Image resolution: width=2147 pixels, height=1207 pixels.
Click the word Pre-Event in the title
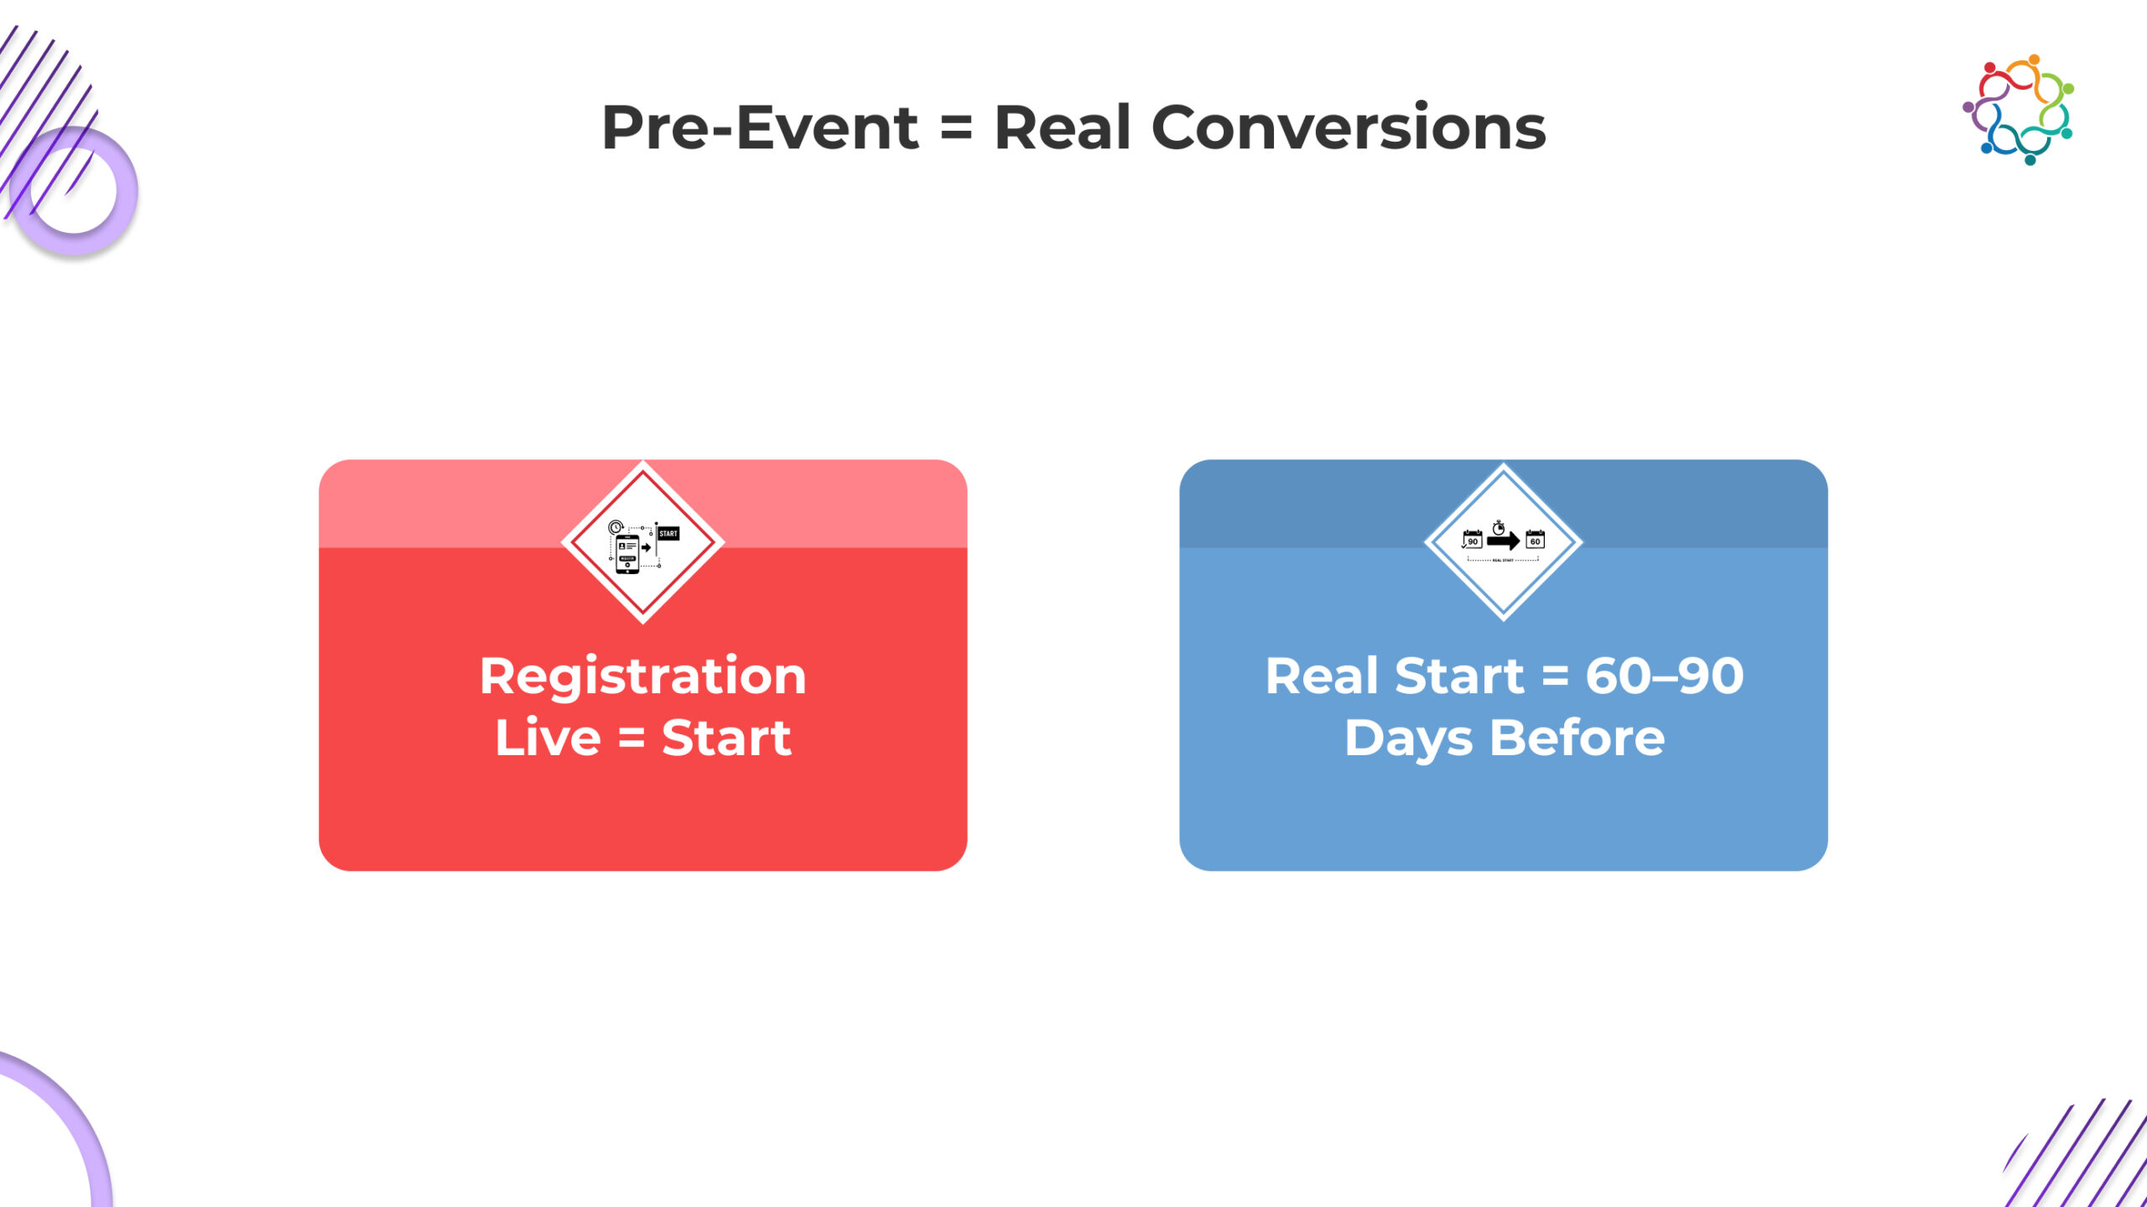[x=760, y=128]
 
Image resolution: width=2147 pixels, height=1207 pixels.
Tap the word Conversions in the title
[x=1349, y=128]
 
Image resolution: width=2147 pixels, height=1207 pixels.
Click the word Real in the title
[x=1063, y=128]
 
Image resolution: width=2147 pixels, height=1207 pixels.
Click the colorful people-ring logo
[x=2019, y=110]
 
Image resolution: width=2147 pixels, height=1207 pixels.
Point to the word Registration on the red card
[x=642, y=676]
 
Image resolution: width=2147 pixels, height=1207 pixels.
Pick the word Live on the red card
[x=548, y=738]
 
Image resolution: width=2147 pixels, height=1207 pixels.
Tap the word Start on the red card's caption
[x=726, y=738]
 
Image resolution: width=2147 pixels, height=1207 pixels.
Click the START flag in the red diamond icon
[x=668, y=534]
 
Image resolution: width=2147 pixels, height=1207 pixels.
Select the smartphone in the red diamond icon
[x=627, y=553]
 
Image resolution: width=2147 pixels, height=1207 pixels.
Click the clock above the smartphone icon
[x=615, y=527]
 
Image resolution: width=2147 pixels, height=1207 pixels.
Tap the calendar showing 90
[x=1472, y=540]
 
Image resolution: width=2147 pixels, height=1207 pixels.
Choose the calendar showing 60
[x=1535, y=540]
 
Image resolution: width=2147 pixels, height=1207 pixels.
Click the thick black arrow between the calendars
[x=1503, y=541]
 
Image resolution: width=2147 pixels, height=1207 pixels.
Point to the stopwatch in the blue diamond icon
[x=1499, y=527]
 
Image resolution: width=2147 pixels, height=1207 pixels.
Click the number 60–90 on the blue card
[x=1664, y=676]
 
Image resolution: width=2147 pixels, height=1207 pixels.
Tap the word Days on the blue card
[x=1408, y=738]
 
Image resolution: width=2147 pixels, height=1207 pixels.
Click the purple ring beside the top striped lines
[x=74, y=191]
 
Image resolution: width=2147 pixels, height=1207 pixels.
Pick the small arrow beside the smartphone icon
[x=646, y=547]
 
